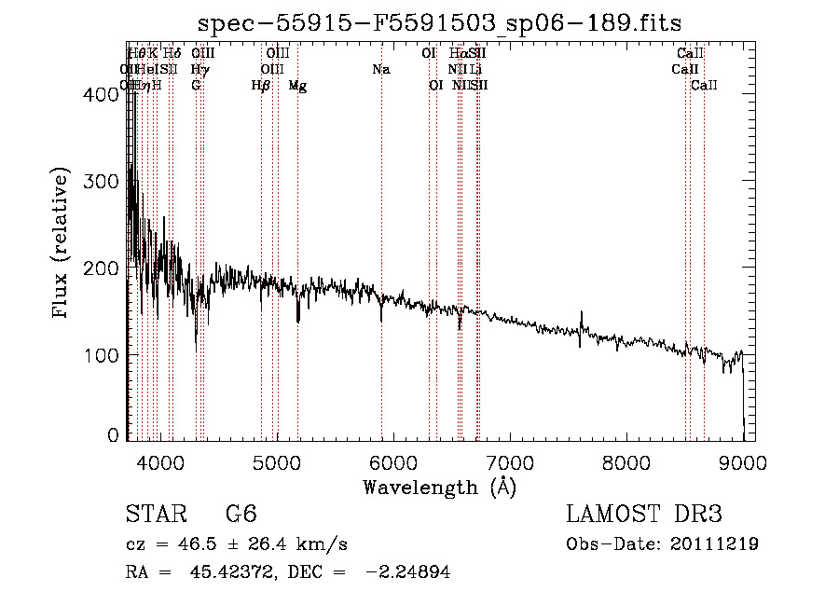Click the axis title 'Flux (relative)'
point(62,244)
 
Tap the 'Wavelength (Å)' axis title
point(439,487)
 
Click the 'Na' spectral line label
point(380,70)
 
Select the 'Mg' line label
point(297,86)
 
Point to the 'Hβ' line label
point(261,86)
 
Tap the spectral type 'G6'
point(241,516)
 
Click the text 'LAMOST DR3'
point(644,515)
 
